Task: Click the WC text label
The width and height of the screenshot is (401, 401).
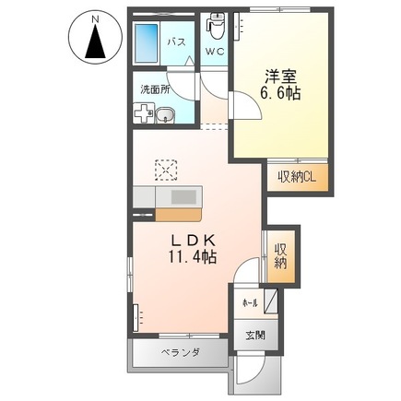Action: click(214, 53)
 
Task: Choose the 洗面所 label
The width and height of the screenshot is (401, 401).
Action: click(153, 90)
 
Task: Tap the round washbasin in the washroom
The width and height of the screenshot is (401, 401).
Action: click(163, 114)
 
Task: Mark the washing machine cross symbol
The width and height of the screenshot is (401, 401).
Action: click(144, 114)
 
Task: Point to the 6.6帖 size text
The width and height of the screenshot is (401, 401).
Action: click(282, 95)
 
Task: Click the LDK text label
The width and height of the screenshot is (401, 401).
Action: click(192, 241)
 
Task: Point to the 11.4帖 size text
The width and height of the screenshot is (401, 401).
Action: click(192, 259)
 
